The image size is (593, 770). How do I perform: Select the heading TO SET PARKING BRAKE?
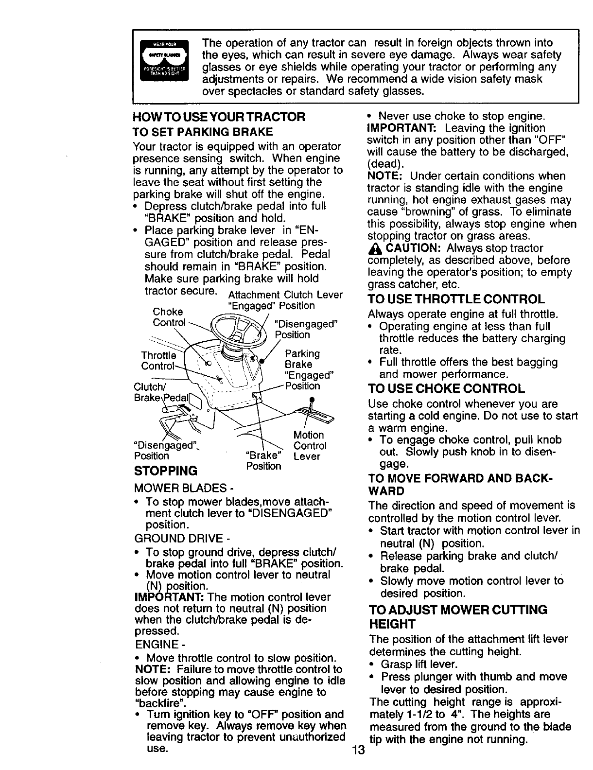203,132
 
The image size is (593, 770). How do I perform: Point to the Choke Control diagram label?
169,317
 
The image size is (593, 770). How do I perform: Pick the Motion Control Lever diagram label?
310,445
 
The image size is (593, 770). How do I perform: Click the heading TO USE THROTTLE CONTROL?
456,299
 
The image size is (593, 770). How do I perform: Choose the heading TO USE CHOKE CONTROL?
447,389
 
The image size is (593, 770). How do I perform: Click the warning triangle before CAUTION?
376,248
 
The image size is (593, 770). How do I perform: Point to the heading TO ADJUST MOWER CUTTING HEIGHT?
458,616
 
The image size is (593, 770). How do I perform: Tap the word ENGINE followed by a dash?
157,645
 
